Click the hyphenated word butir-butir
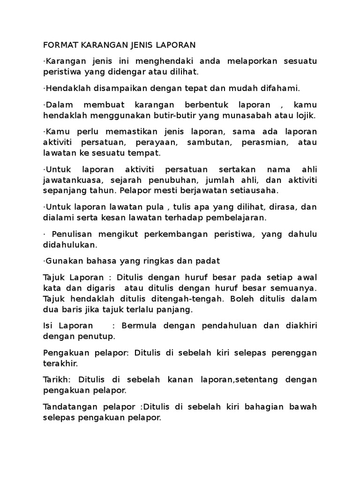coord(188,115)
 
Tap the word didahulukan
coord(70,245)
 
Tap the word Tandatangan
coord(69,406)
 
